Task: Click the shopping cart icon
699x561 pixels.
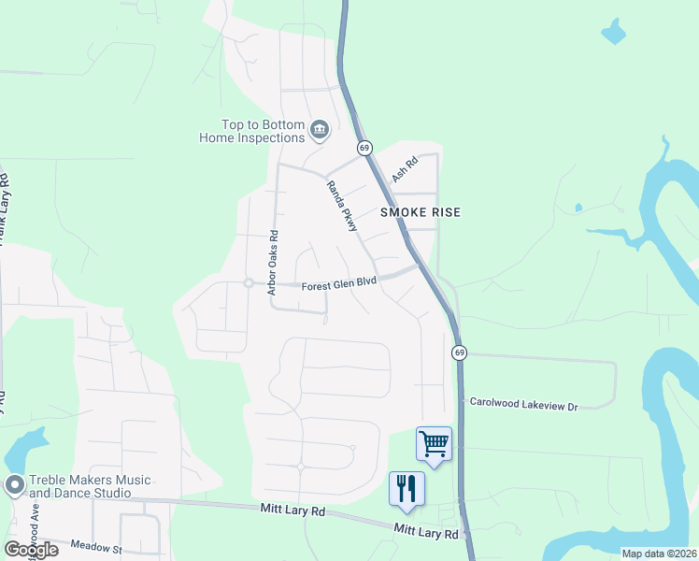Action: (x=435, y=443)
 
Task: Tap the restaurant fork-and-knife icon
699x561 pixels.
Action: (x=407, y=488)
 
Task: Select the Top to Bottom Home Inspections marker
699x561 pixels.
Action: (x=319, y=130)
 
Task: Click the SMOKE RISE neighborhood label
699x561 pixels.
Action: (x=421, y=212)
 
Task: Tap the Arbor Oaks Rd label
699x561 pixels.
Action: (x=273, y=263)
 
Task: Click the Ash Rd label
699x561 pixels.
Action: (x=402, y=168)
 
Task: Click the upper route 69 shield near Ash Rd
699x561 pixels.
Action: (x=364, y=148)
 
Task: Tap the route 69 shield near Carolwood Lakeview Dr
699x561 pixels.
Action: (x=459, y=352)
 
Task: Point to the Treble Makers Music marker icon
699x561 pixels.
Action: (x=14, y=485)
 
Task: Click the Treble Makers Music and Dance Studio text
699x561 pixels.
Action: (x=89, y=486)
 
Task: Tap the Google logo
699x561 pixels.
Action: (x=30, y=550)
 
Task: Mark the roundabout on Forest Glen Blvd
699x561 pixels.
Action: (x=249, y=282)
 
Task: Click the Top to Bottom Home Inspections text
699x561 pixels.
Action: (x=251, y=131)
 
